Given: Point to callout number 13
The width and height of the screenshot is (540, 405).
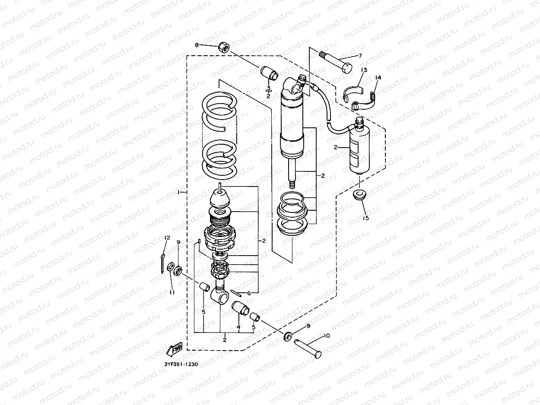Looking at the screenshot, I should pos(364,70).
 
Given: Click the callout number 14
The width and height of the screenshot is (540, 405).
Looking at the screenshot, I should pos(378,78).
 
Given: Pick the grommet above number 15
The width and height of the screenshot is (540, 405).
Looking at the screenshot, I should pos(359,195).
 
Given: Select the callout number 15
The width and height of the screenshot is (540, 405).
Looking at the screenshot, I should pos(366,218).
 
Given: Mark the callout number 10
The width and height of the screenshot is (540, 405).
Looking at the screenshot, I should pos(326,335).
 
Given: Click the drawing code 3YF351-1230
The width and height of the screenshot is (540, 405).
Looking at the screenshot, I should pos(181,364).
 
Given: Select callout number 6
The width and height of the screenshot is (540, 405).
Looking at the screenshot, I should pos(248,293).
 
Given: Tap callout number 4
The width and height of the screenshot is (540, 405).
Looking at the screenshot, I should pos(238,327).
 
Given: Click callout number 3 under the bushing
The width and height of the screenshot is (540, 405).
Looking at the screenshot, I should pos(268,88).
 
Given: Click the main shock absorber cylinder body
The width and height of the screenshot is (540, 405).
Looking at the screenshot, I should pos(293,125).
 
